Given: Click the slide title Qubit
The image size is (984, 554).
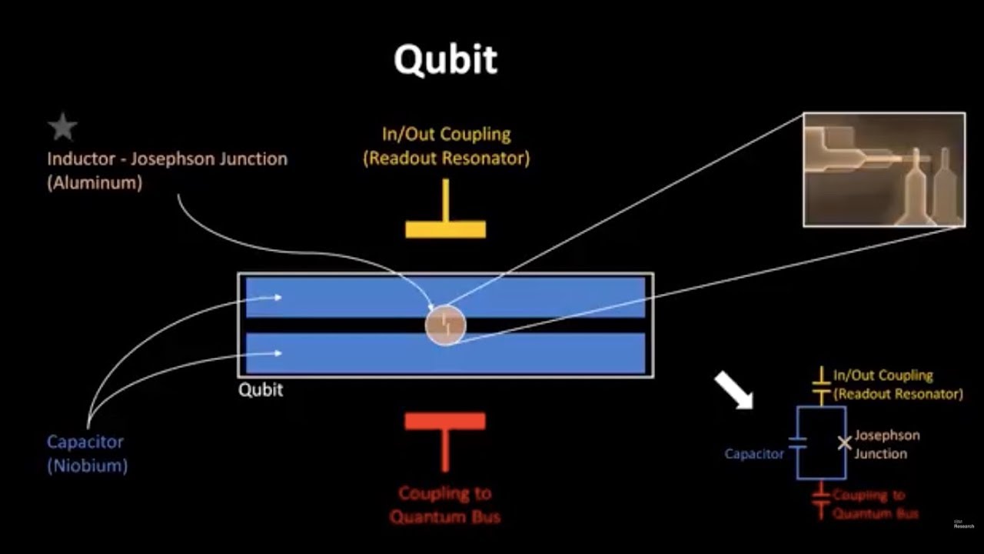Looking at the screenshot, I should (445, 58).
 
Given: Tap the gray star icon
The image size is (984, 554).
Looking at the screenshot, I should (62, 127).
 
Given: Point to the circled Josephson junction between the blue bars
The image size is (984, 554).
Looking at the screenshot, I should (445, 325).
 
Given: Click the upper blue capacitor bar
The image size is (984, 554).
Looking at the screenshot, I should (538, 296).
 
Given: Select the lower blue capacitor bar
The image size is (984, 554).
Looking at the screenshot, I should (538, 353).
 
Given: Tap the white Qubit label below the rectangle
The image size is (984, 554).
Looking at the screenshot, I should (261, 389).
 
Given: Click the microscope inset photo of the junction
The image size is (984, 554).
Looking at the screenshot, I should (884, 170).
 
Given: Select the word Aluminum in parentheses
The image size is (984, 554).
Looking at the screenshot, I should (95, 184).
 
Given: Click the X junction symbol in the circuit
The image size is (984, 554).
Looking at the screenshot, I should (844, 442).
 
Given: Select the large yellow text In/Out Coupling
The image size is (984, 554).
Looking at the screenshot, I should (446, 134).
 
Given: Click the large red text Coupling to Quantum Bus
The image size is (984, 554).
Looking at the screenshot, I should (445, 504).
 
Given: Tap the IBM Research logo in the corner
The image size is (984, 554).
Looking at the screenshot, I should (963, 524).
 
